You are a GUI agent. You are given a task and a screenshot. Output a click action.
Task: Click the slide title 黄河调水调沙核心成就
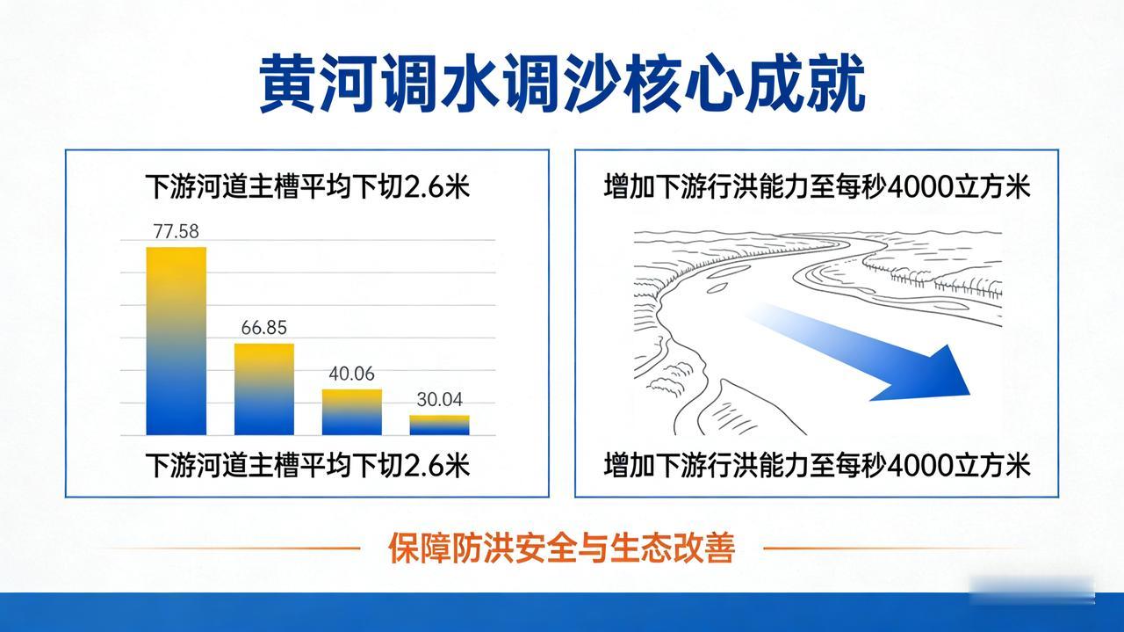pos(562,84)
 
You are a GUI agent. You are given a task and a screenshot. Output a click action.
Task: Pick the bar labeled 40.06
pos(351,412)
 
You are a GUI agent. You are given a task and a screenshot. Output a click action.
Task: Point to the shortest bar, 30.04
pos(439,425)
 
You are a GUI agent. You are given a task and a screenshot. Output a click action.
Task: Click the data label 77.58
pos(176,232)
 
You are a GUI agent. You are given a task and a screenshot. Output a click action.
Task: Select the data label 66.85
pos(263,328)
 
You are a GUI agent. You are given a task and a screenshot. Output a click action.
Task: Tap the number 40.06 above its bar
pos(351,374)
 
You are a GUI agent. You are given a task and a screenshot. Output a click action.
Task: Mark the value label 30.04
pos(439,399)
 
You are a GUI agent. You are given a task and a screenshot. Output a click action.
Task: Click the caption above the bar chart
pos(307,188)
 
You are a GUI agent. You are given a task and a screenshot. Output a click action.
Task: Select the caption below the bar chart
pos(307,464)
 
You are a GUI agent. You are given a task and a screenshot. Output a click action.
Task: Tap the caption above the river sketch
pos(817,188)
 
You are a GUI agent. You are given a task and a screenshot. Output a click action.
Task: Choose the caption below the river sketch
pos(817,464)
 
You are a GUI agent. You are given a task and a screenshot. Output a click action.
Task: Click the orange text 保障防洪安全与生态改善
pos(561,548)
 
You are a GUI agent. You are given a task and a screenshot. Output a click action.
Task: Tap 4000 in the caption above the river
pos(919,188)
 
